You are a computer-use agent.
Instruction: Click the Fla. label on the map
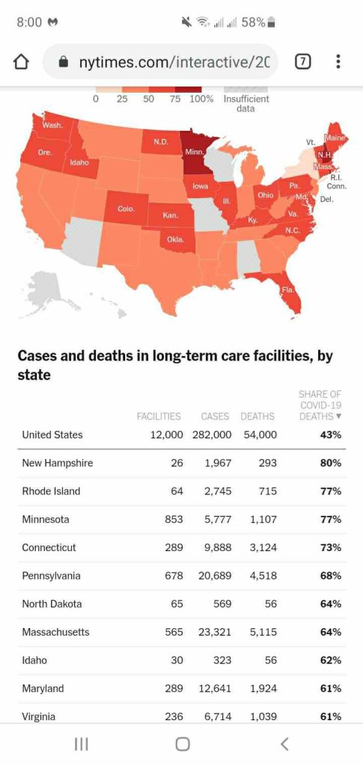286,289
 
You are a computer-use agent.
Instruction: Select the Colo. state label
126,209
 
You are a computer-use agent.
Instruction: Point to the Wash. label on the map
52,125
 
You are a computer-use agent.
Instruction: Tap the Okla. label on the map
175,239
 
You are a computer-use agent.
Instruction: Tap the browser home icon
22,62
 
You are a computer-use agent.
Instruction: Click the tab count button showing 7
302,62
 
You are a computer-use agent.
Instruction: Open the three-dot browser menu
338,62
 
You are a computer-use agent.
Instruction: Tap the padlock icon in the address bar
64,62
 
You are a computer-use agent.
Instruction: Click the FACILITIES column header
158,416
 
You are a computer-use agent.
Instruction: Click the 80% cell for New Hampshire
331,463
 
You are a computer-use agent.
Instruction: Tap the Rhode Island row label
51,491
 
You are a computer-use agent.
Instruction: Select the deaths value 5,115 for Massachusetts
259,632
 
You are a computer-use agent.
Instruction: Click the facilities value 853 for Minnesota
174,519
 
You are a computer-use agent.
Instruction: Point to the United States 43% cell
331,434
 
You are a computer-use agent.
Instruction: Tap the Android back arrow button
284,743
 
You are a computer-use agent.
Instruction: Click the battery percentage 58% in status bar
253,22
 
